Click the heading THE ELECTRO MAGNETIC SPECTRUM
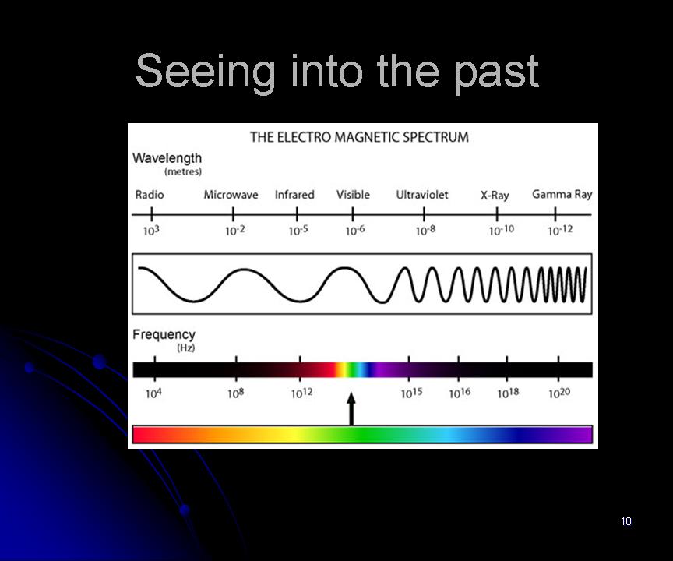359,137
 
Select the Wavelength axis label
167,158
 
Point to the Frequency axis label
164,335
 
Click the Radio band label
150,195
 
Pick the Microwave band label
231,195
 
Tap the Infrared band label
294,195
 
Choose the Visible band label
353,195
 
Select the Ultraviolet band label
422,195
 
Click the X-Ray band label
495,196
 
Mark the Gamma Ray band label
562,195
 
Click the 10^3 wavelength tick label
151,231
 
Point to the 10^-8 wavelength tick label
425,231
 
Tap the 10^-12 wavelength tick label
560,231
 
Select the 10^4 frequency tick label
153,393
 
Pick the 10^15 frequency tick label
411,393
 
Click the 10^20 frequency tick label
559,393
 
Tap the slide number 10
626,521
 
